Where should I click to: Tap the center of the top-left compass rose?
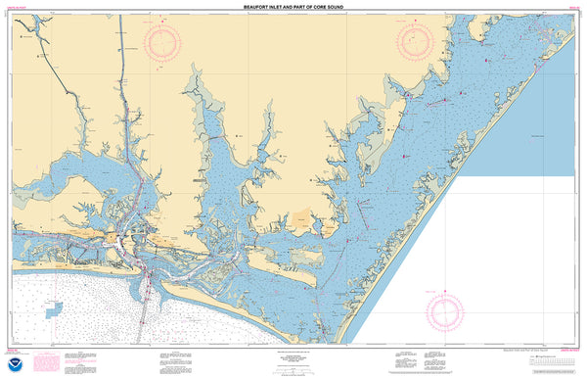pyautogui.click(x=162, y=41)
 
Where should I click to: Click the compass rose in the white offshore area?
pyautogui.click(x=443, y=311)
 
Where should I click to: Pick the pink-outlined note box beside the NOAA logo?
pyautogui.click(x=45, y=363)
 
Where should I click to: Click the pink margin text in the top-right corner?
pyautogui.click(x=571, y=9)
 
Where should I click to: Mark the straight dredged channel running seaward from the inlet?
pyautogui.click(x=145, y=313)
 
